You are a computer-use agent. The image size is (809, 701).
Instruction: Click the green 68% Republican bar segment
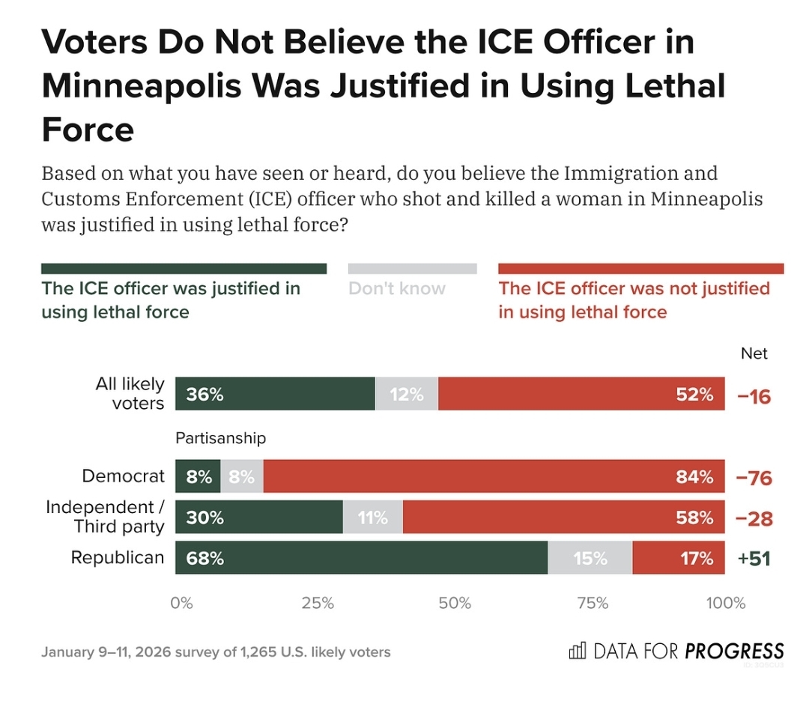pos(361,558)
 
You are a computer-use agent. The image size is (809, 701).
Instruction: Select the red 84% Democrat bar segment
pos(494,476)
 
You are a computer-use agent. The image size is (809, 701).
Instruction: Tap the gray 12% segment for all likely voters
pos(407,394)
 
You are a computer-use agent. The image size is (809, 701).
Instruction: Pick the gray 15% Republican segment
pos(590,558)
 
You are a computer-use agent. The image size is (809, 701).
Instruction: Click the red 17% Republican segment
pos(679,558)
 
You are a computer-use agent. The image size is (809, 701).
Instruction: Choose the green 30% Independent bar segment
pos(259,518)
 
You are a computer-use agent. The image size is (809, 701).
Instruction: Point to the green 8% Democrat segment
pos(198,476)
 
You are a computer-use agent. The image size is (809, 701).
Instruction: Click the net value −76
pos(754,478)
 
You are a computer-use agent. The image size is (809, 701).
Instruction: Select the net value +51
pos(754,559)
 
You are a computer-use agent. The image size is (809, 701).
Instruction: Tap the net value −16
pos(754,396)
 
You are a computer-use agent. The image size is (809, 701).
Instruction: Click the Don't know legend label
pos(397,288)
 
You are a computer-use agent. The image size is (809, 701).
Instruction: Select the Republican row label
pos(118,558)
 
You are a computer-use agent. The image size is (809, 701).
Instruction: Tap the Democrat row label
pos(124,476)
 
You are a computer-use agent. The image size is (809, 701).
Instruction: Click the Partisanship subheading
pos(221,438)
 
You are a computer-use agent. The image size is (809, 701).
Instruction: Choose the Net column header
pos(754,353)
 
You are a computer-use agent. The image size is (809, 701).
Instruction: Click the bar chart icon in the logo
pos(578,651)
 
